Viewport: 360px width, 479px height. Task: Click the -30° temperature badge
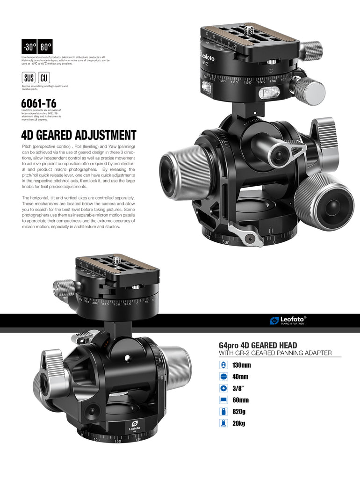click(x=29, y=47)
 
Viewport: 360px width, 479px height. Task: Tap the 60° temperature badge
click(x=45, y=47)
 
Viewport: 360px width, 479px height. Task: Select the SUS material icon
click(x=29, y=78)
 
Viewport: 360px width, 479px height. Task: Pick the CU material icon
click(x=44, y=78)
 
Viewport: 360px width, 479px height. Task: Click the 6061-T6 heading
click(x=39, y=102)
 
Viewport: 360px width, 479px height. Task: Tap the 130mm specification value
click(x=242, y=365)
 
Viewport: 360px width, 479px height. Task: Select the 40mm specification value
click(x=240, y=377)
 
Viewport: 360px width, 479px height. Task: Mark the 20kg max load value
click(x=239, y=423)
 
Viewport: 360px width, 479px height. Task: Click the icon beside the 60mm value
click(x=223, y=400)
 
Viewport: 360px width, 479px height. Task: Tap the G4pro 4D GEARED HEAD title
click(x=258, y=345)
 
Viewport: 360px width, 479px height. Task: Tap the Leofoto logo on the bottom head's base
click(x=134, y=425)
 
